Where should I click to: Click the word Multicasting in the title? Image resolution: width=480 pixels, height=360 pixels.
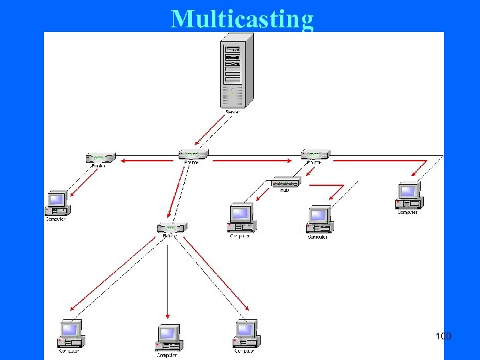click(x=242, y=19)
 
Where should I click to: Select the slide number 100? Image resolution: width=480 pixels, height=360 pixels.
click(x=443, y=335)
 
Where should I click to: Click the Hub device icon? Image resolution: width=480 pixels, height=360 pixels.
click(x=285, y=182)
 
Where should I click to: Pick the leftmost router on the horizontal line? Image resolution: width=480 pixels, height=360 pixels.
click(x=101, y=158)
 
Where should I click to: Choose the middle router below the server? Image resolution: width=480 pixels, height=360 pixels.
click(x=193, y=155)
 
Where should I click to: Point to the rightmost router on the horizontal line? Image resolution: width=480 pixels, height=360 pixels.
click(x=315, y=155)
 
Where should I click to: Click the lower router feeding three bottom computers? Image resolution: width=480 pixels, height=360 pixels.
click(x=171, y=227)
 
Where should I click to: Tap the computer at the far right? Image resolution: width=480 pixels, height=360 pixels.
click(x=407, y=196)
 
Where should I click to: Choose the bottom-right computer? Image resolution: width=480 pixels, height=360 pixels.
click(x=245, y=333)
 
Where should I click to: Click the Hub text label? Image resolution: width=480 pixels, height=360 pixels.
click(x=285, y=191)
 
